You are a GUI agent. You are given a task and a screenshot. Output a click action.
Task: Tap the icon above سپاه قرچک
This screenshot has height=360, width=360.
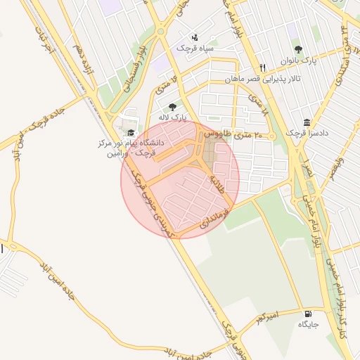tap(195, 37)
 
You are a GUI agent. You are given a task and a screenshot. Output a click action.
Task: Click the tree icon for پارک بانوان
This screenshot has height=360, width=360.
tap(298, 49)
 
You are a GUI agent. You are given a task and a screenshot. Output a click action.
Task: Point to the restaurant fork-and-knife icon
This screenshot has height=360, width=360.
tap(262, 68)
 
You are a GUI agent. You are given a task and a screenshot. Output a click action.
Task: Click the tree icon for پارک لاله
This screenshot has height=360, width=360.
tap(172, 106)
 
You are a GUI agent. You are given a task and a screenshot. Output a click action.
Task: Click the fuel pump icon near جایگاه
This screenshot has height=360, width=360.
tap(308, 314)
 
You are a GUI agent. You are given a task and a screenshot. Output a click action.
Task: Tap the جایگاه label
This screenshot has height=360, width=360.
tap(308, 325)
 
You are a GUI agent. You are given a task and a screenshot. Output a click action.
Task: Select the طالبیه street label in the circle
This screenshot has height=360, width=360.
tap(217, 184)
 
